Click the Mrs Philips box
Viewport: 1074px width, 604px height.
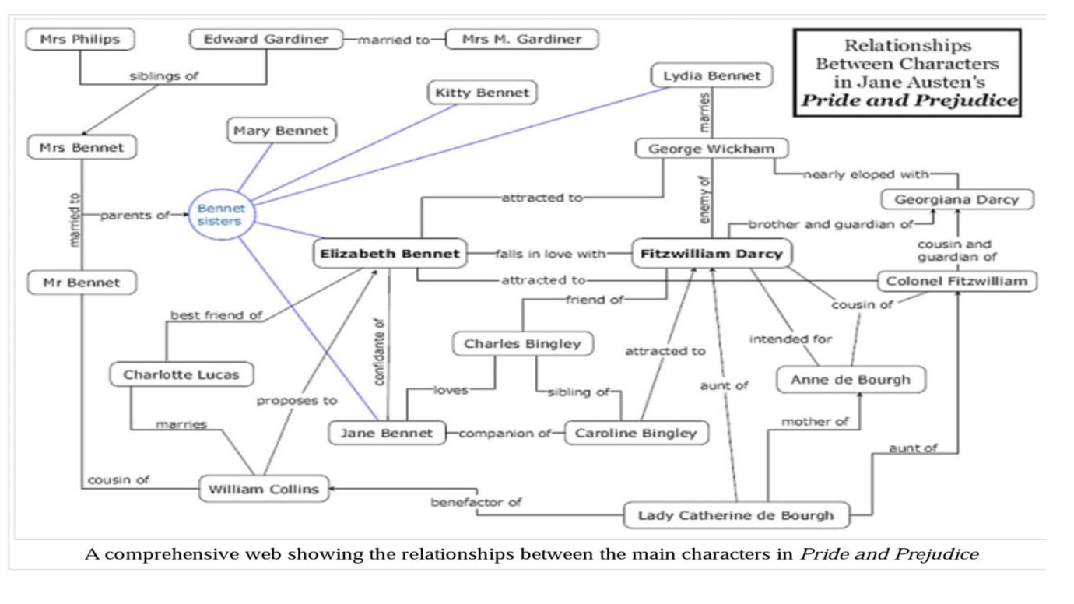click(80, 39)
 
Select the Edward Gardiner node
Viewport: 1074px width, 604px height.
click(266, 39)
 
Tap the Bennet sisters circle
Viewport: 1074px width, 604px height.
click(221, 214)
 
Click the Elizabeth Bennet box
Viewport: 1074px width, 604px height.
click(390, 254)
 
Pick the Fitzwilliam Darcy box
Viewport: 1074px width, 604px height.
click(711, 254)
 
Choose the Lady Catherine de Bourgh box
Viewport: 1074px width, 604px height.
click(735, 515)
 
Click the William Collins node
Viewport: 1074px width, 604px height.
click(264, 490)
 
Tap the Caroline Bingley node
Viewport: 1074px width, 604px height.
click(636, 434)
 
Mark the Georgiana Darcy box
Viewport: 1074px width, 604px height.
click(956, 199)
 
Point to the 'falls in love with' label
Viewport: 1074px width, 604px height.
click(550, 254)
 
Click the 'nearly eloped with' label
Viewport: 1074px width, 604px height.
click(865, 175)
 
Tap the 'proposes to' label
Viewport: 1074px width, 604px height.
click(298, 402)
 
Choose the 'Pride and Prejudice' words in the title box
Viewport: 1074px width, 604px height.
click(907, 100)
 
